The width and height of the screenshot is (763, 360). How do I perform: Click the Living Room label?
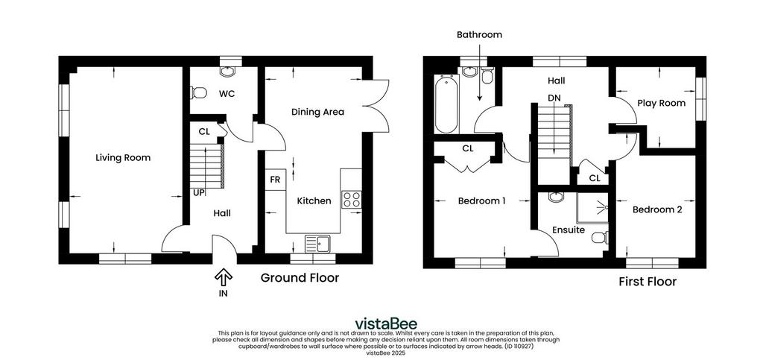tap(123, 157)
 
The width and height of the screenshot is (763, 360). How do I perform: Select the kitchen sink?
tap(317, 243)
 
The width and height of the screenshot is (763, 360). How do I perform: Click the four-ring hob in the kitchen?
tap(352, 200)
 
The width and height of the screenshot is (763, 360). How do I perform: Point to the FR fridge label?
tap(275, 180)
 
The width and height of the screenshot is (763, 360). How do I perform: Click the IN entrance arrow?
tap(224, 278)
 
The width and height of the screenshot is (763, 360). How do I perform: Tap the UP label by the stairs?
tap(198, 192)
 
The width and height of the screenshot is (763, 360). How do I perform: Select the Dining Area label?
tap(317, 112)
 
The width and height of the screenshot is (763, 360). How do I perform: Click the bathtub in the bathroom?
tap(446, 104)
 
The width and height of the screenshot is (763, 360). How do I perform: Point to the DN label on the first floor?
tap(554, 98)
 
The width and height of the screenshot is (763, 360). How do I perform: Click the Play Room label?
tap(662, 103)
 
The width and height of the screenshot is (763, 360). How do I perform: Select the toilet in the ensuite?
tap(600, 238)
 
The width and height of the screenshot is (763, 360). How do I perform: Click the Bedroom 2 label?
tap(657, 209)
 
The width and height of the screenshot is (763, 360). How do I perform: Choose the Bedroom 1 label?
tap(482, 200)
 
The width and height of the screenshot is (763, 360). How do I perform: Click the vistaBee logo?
tap(386, 323)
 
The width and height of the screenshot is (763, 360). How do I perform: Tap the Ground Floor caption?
tap(300, 278)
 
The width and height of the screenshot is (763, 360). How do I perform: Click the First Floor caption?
tap(648, 282)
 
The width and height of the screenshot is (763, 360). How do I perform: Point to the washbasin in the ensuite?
tap(556, 197)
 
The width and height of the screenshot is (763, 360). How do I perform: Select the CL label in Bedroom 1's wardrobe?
tap(468, 148)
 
